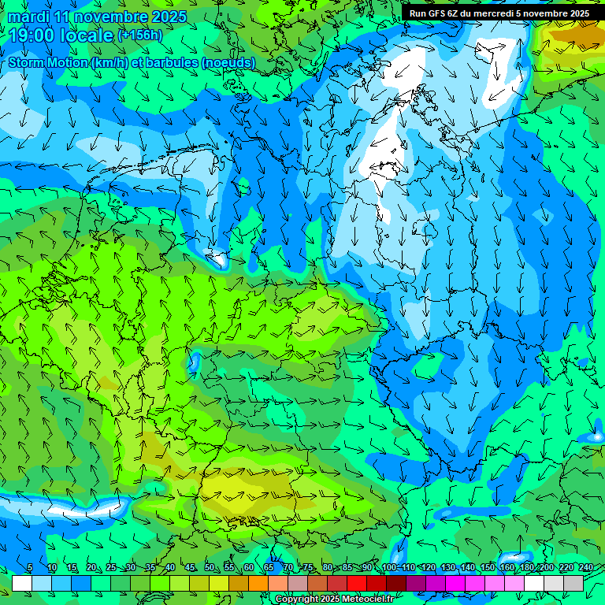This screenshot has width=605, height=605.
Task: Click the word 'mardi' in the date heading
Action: pos(28,17)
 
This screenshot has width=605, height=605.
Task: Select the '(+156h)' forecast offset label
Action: pos(139,35)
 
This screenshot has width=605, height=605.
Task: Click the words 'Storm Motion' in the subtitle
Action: pos(48,62)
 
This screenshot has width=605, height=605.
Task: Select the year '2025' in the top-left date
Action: pos(169,17)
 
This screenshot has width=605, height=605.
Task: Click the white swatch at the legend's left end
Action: pos(22,583)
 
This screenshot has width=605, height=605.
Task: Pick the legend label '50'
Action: pos(210,568)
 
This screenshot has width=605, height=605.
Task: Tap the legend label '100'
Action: pos(389,568)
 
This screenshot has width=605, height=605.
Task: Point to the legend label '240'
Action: pos(585,568)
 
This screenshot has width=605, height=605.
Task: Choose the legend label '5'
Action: pos(30,568)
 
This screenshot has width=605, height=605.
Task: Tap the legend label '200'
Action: pos(547,568)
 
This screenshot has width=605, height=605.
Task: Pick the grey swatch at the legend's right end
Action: pos(573,583)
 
